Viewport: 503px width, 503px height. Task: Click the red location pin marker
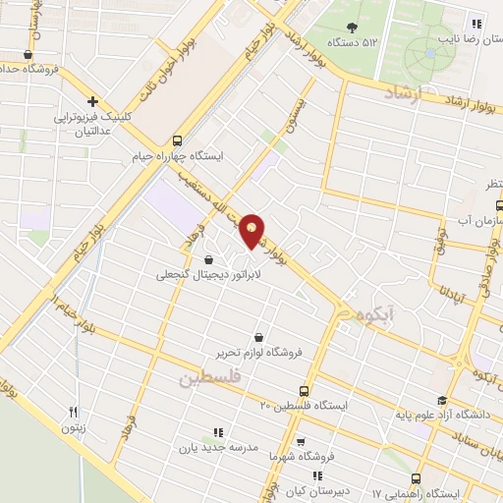pos(254,230)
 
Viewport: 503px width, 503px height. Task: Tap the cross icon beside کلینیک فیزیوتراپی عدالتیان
pos(93,101)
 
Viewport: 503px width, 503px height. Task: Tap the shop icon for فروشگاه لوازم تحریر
pos(257,336)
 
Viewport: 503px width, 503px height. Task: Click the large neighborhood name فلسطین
pos(213,378)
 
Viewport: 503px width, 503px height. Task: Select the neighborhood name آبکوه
pos(375,315)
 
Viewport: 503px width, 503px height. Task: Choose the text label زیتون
pos(74,428)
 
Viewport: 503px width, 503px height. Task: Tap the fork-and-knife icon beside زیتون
pos(74,413)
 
